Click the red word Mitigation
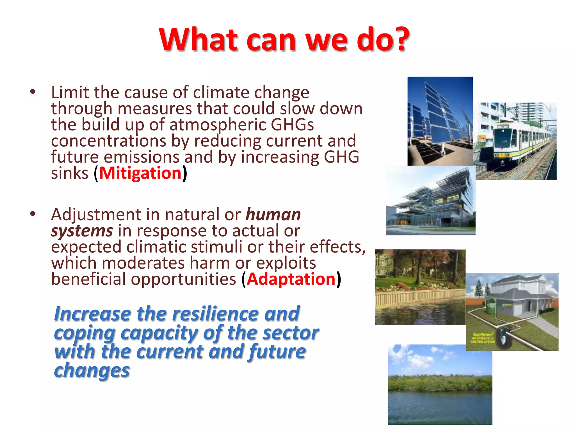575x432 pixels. click(x=140, y=173)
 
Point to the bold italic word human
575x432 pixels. click(x=273, y=215)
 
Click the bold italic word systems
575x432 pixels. click(x=82, y=231)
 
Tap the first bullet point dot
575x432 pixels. click(x=33, y=92)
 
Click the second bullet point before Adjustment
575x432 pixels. click(x=33, y=214)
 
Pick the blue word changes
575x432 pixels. click(x=92, y=371)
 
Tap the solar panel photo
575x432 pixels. click(x=440, y=121)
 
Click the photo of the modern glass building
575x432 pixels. click(x=430, y=200)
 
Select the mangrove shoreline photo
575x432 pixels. click(x=440, y=384)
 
